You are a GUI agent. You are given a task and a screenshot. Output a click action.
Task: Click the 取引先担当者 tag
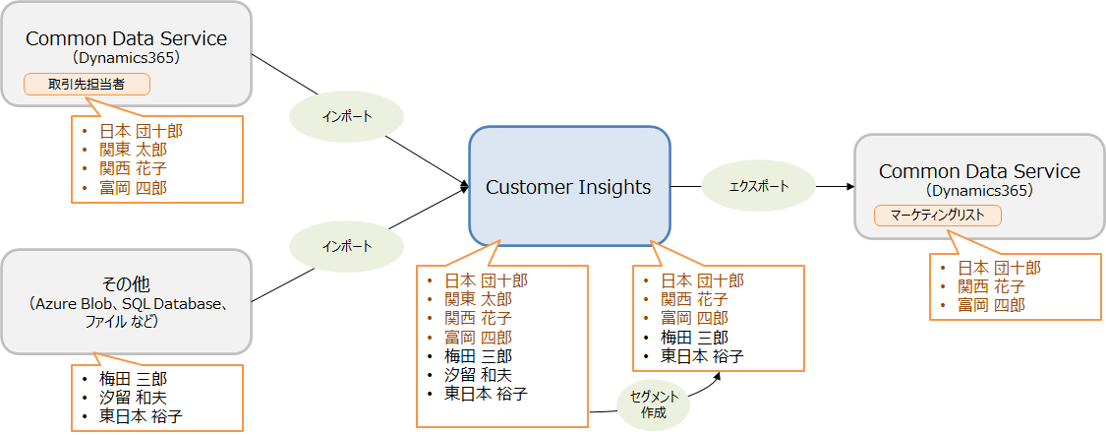pyautogui.click(x=87, y=85)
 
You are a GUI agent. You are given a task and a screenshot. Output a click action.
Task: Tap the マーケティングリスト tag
pyautogui.click(x=938, y=216)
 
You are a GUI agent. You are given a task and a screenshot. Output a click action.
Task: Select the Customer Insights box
pyautogui.click(x=569, y=186)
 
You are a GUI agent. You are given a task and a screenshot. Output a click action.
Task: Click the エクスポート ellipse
pyautogui.click(x=758, y=186)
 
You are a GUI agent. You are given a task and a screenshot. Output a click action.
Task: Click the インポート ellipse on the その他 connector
pyautogui.click(x=346, y=247)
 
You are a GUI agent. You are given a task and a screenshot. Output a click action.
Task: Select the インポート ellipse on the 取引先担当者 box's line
pyautogui.click(x=346, y=117)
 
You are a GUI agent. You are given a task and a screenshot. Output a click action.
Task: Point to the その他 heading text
pyautogui.click(x=126, y=283)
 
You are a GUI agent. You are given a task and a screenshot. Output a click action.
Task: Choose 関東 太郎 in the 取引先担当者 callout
pyautogui.click(x=134, y=150)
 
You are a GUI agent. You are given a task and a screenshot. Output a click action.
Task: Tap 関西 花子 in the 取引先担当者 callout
pyautogui.click(x=134, y=168)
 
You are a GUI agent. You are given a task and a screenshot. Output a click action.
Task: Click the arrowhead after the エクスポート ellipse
pyautogui.click(x=850, y=186)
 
